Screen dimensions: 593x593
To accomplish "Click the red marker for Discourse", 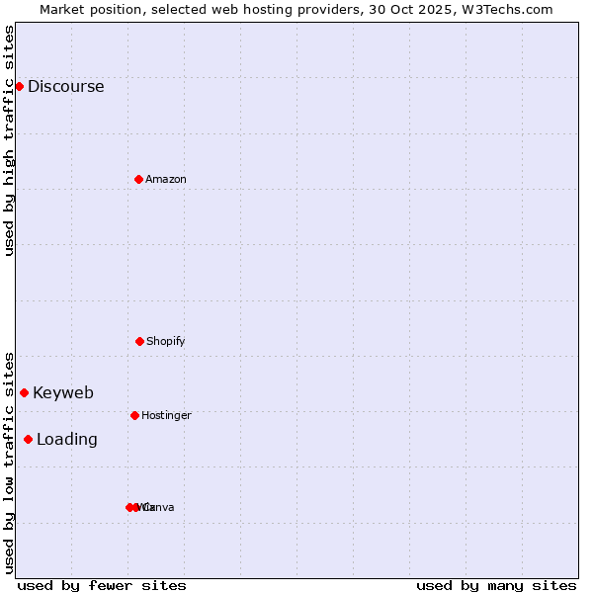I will click(x=19, y=86).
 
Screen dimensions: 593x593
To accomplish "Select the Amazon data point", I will click(x=138, y=179).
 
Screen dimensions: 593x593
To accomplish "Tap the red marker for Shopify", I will click(x=139, y=341).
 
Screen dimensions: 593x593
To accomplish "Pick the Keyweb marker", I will click(x=24, y=392).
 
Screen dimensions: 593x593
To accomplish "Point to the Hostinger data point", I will click(x=134, y=415).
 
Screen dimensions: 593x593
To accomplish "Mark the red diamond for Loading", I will click(x=28, y=439).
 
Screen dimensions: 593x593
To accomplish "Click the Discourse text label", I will click(x=65, y=86).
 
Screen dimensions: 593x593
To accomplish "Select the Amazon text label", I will click(x=166, y=179).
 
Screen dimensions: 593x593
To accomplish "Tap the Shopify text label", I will click(x=166, y=341).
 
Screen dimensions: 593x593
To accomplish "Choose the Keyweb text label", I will click(x=63, y=392).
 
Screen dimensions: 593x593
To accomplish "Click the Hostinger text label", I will click(x=166, y=415).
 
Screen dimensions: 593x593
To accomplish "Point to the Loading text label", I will click(x=67, y=439).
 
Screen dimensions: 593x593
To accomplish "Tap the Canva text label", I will click(x=160, y=507).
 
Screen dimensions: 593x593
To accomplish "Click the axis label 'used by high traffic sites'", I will click(x=10, y=140).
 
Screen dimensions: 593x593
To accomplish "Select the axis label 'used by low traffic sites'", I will click(x=10, y=462).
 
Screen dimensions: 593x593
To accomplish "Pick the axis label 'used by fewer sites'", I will click(x=102, y=585).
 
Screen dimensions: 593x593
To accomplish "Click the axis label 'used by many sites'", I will click(x=496, y=585).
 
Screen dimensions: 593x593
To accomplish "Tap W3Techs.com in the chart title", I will click(x=504, y=9).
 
